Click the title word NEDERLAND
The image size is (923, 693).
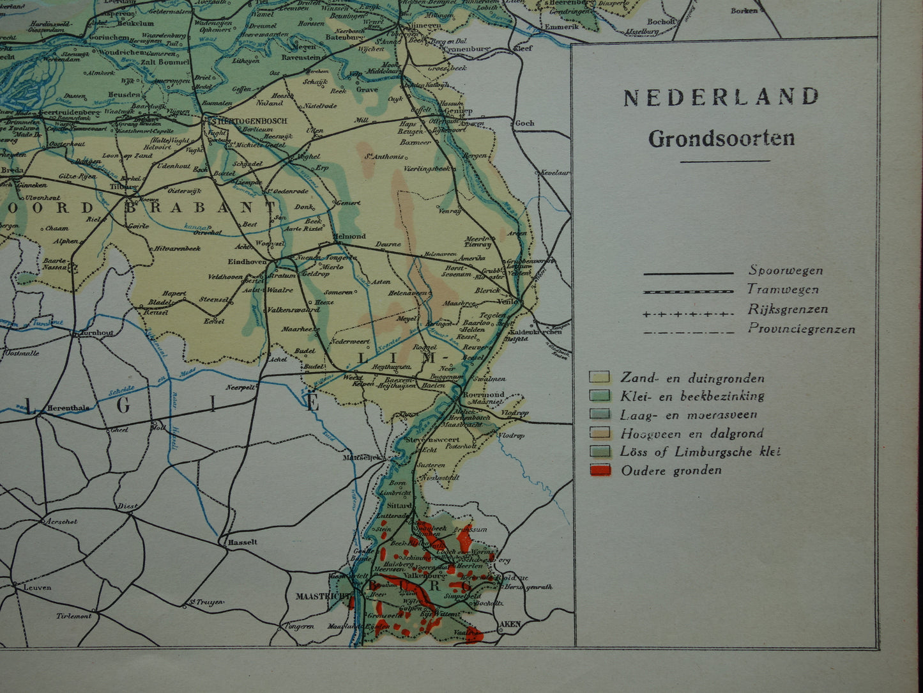[721, 97]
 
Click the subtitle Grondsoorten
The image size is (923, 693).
[721, 139]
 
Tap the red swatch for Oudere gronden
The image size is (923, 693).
[600, 471]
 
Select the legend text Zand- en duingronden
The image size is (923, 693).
[692, 378]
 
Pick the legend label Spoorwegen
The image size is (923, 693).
[786, 270]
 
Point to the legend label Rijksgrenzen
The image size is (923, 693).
[788, 309]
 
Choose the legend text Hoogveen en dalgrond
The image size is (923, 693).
[692, 433]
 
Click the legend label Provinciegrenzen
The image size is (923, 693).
[801, 329]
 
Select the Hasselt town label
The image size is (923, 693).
[242, 541]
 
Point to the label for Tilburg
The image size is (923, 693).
[123, 187]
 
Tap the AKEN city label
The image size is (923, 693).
[510, 623]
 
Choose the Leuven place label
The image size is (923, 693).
[36, 588]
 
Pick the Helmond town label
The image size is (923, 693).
[346, 235]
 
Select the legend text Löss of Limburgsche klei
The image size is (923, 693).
[700, 451]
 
